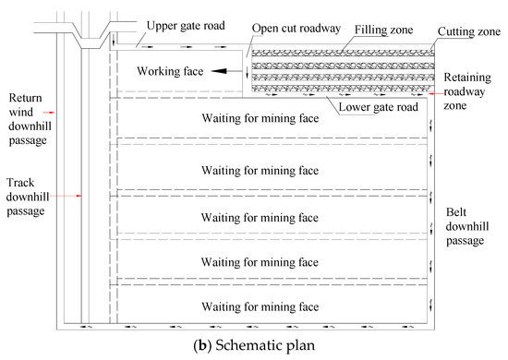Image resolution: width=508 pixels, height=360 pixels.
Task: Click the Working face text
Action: point(168,70)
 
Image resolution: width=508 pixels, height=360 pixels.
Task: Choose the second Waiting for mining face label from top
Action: point(262,170)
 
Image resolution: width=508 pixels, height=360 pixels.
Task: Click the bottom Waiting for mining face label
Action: point(262,306)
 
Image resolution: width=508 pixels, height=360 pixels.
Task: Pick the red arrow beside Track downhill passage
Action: point(79,196)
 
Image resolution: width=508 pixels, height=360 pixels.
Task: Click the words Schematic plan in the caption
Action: point(272,347)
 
